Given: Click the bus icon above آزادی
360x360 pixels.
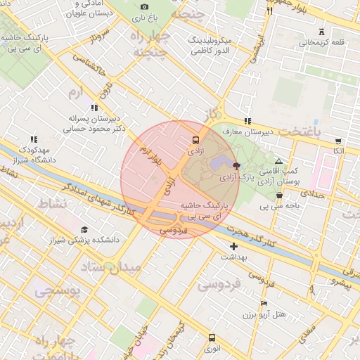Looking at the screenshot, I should (x=195, y=139).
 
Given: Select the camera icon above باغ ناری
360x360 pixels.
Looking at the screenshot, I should (x=145, y=6).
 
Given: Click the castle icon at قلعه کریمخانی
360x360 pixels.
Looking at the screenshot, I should (x=322, y=32).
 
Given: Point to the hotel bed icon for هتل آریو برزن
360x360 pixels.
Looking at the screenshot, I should (x=264, y=303).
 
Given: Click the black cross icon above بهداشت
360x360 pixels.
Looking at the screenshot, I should (x=233, y=246).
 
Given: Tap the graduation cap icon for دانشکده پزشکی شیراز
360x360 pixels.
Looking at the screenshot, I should (x=85, y=230).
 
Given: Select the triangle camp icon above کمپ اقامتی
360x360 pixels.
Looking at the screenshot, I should (x=278, y=161).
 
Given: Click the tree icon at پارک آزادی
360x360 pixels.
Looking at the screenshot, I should (x=236, y=167).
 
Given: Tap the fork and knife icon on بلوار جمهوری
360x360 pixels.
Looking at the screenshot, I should (x=269, y=11).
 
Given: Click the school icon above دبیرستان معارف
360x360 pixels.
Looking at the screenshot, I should (x=246, y=122).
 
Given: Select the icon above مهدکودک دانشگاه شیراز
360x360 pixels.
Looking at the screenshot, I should (x=33, y=140).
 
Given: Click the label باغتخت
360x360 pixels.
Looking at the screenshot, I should (x=299, y=131).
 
